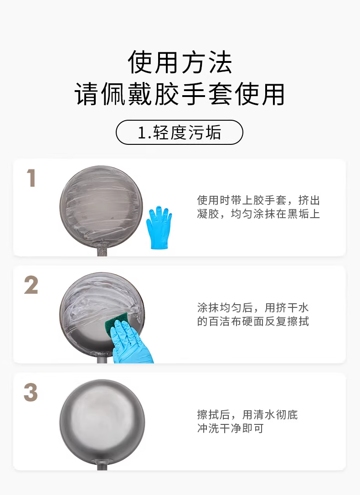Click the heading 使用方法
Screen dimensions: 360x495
[x=180, y=62]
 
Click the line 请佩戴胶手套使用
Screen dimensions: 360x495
[x=180, y=94]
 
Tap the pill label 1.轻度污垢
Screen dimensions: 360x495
[x=180, y=132]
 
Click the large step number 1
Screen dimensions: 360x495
[x=31, y=178]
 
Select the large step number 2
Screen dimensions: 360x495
[x=31, y=285]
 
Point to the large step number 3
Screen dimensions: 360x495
[x=31, y=393]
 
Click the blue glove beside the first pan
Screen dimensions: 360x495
[x=159, y=227]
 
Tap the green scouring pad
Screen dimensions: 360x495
[x=116, y=325]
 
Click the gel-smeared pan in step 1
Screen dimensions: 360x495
[x=101, y=207]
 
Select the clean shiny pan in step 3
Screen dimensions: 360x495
[x=102, y=421]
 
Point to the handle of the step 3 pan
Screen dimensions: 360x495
[x=102, y=466]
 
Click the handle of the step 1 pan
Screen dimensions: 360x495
[x=102, y=252]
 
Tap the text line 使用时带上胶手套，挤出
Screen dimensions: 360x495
[x=258, y=200]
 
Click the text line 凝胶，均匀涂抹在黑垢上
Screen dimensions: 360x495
[x=258, y=214]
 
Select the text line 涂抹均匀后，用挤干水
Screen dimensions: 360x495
[x=252, y=307]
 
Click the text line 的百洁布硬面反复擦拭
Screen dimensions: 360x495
[x=253, y=321]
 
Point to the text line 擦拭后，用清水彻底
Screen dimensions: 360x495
[x=247, y=414]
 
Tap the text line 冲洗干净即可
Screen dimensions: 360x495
[x=230, y=429]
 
